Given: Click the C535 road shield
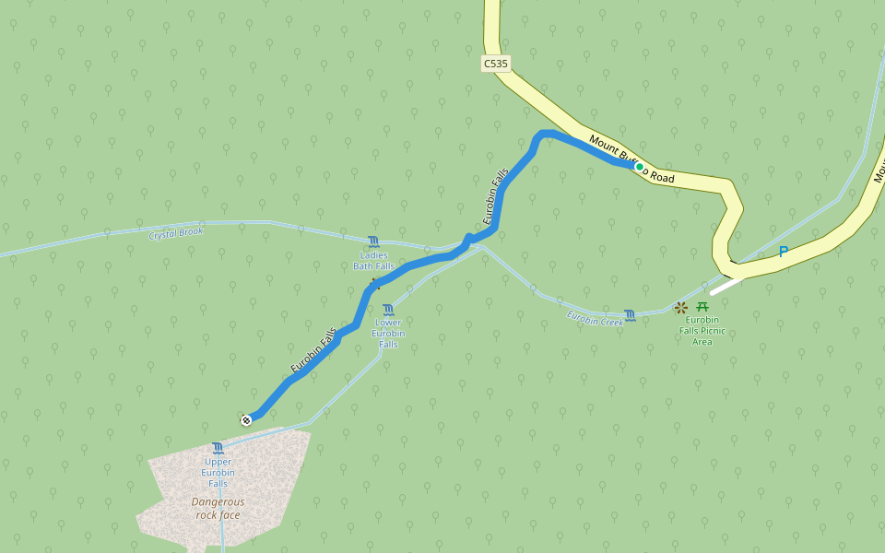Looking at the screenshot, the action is pyautogui.click(x=495, y=64).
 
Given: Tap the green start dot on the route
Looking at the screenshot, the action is pyautogui.click(x=639, y=167).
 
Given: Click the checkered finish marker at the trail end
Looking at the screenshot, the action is pyautogui.click(x=246, y=420).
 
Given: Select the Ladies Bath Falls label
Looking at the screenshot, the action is pyautogui.click(x=373, y=261).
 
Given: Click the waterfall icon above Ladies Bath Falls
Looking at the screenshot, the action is pyautogui.click(x=373, y=241).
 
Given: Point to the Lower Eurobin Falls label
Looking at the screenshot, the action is pyautogui.click(x=388, y=333).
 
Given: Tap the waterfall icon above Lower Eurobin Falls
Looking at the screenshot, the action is pyautogui.click(x=388, y=310).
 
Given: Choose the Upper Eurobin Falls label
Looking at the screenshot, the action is pyautogui.click(x=218, y=473).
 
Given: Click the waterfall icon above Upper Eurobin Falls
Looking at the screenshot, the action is pyautogui.click(x=218, y=449).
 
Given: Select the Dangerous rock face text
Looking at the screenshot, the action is pyautogui.click(x=218, y=508).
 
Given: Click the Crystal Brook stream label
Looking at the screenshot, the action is pyautogui.click(x=175, y=233).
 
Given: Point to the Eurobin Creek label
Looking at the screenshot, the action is pyautogui.click(x=595, y=320).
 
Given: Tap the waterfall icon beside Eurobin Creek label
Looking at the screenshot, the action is pyautogui.click(x=630, y=315).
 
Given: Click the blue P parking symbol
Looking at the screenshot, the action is pyautogui.click(x=784, y=252).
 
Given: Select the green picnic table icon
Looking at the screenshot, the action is pyautogui.click(x=702, y=306).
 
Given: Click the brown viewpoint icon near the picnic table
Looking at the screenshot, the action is pyautogui.click(x=681, y=307).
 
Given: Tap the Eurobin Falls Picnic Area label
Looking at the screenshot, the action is pyautogui.click(x=702, y=331).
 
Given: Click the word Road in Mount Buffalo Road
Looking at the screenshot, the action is pyautogui.click(x=661, y=175).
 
